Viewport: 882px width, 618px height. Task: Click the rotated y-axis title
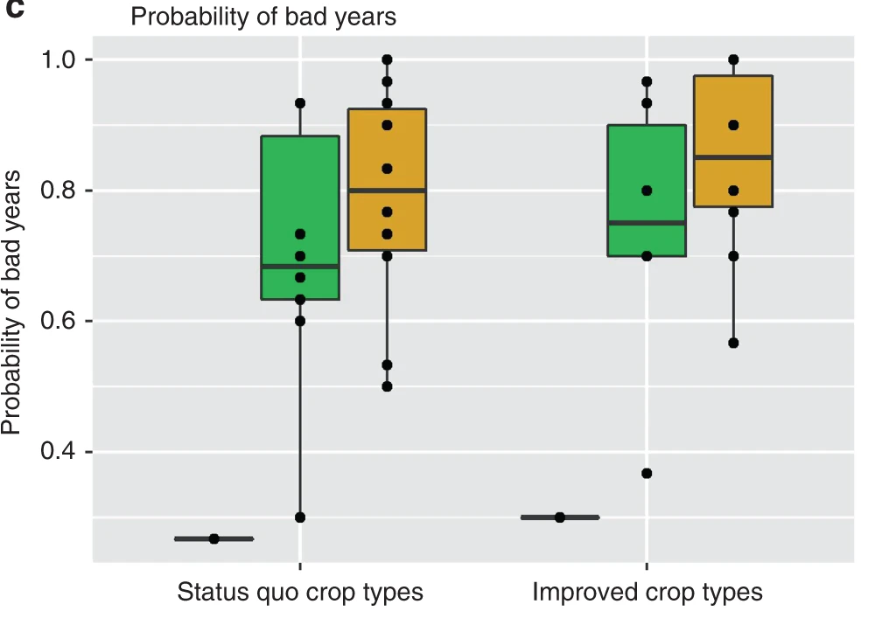[x=12, y=302]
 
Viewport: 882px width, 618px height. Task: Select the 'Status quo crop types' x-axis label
[x=300, y=593]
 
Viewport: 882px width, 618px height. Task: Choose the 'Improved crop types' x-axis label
[x=647, y=593]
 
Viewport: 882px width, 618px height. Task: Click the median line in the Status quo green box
[x=300, y=266]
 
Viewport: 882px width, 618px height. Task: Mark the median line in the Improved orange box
[x=733, y=157]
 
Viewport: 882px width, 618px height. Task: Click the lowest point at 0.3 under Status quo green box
[x=300, y=517]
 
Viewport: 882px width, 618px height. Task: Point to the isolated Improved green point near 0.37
[x=647, y=473]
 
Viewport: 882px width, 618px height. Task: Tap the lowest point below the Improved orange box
[x=733, y=343]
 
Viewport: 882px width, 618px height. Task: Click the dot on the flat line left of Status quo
[x=213, y=539]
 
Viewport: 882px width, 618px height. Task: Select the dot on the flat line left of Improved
[x=560, y=517]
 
